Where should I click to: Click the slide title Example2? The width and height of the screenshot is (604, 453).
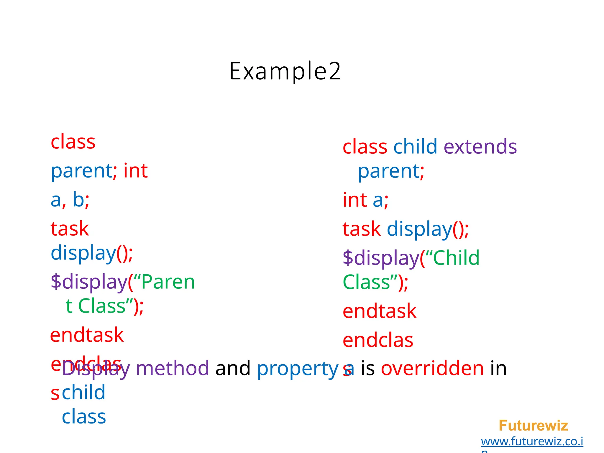[x=285, y=71]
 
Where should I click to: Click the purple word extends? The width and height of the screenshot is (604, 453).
[x=480, y=147]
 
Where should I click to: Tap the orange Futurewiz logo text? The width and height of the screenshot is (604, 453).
[x=533, y=426]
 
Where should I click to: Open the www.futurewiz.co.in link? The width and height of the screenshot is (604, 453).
[x=532, y=441]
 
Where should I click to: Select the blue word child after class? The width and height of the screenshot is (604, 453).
[x=415, y=147]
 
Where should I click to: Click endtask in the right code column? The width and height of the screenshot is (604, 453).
[x=380, y=311]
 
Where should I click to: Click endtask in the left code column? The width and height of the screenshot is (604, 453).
[x=87, y=335]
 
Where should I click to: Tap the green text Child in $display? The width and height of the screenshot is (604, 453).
[x=456, y=258]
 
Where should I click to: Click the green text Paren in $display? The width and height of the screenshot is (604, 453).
[x=168, y=282]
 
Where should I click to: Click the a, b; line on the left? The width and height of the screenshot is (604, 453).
[x=70, y=200]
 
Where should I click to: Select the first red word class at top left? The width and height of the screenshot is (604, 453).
[x=73, y=142]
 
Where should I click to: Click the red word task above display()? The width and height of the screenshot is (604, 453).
[x=70, y=229]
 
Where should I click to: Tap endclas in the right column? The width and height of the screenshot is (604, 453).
[x=378, y=340]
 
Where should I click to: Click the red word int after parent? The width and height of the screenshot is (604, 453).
[x=135, y=171]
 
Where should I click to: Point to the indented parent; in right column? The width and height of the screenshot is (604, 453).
[x=391, y=171]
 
